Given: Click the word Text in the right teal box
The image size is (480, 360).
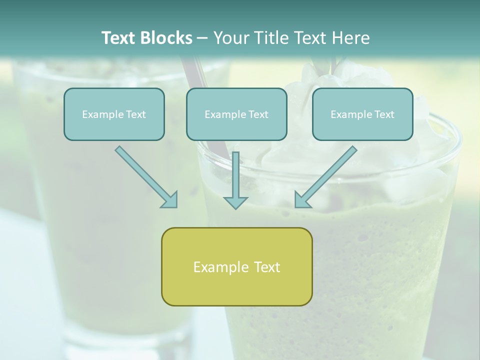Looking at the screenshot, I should pos(384,114).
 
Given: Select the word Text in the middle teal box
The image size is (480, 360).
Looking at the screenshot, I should pos(258,114).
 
